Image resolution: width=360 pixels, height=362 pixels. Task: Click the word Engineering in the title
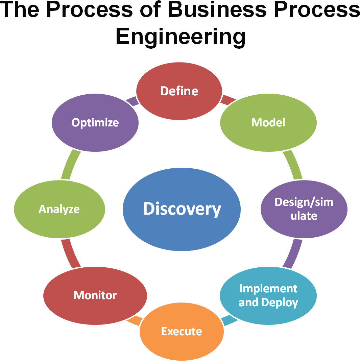180,37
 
